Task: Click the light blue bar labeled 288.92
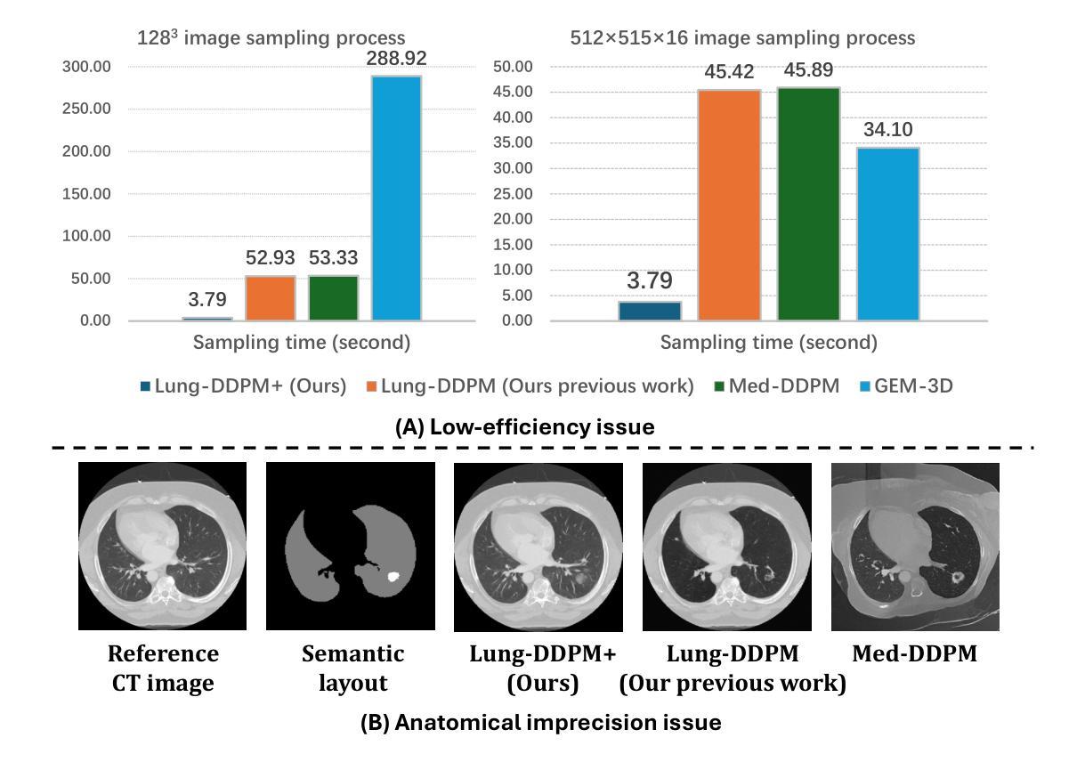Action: tap(396, 198)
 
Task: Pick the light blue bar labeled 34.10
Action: tap(887, 233)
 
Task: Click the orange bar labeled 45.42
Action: tap(729, 205)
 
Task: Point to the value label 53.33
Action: tap(333, 259)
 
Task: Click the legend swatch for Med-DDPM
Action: tap(721, 387)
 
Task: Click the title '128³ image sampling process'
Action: tap(271, 38)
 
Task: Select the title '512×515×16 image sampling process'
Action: tap(742, 38)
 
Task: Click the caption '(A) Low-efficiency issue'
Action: tap(524, 427)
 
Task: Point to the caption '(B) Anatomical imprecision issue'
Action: tap(540, 723)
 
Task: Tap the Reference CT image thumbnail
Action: tap(163, 546)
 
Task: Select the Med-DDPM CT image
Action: tap(914, 547)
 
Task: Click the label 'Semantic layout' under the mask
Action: tap(352, 668)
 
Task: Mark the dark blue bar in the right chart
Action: tap(649, 311)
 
